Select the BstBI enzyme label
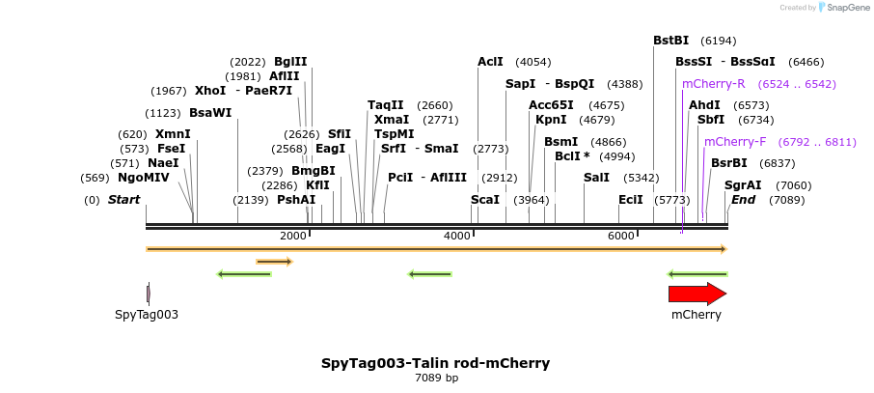[670, 41]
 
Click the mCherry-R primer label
[713, 84]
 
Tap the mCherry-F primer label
[734, 142]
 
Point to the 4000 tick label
[456, 237]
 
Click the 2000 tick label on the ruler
[292, 237]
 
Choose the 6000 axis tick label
[620, 237]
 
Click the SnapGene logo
[834, 8]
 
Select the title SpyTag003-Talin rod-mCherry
[435, 363]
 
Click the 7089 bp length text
[436, 379]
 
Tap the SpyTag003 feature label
[147, 315]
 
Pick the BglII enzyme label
[290, 62]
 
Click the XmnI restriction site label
[173, 134]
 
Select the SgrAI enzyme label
[743, 185]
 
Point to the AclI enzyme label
[490, 62]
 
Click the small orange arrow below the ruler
[274, 262]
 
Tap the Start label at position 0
[123, 200]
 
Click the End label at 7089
[743, 200]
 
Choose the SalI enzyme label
[596, 178]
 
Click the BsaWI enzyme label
[210, 113]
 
